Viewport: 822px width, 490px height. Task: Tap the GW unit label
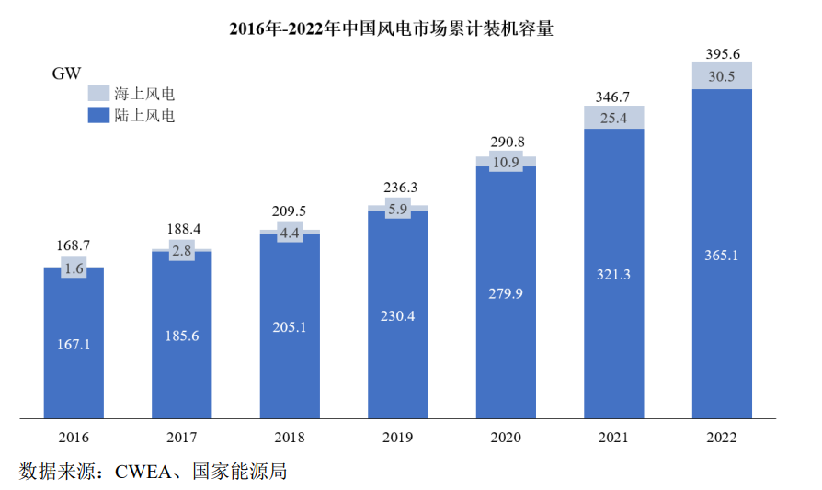(67, 74)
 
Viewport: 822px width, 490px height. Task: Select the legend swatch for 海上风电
(97, 93)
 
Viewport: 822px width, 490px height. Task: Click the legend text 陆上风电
(144, 115)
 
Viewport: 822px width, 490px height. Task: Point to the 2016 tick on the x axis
(74, 438)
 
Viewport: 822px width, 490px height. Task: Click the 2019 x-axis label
(397, 438)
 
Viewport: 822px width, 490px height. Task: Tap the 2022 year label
(722, 438)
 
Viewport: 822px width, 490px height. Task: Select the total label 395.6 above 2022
(722, 54)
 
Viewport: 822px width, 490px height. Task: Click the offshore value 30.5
(722, 77)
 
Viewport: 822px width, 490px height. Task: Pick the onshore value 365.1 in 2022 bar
(722, 256)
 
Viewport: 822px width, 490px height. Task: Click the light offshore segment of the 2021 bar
(613, 117)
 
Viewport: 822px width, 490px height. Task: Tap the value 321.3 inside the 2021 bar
(613, 275)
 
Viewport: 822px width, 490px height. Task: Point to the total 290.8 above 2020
(506, 142)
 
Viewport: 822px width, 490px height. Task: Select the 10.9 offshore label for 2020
(506, 162)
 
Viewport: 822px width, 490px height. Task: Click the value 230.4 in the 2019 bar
(397, 315)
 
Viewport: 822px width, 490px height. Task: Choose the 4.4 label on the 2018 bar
(290, 234)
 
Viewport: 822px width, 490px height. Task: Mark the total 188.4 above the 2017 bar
(182, 229)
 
